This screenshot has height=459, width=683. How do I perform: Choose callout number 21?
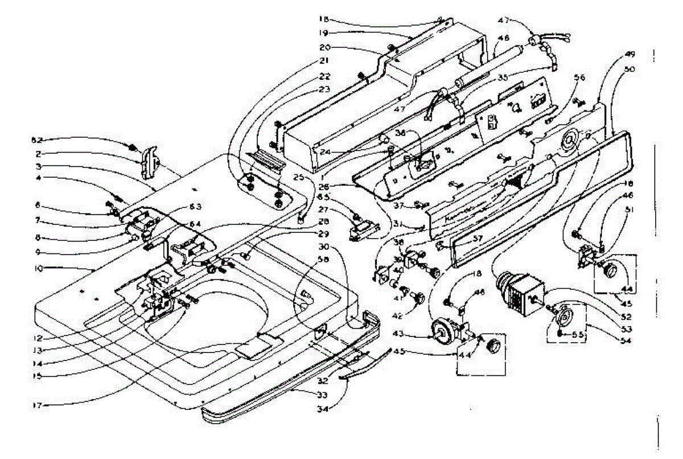(x=324, y=60)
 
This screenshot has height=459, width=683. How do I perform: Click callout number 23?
(x=324, y=89)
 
